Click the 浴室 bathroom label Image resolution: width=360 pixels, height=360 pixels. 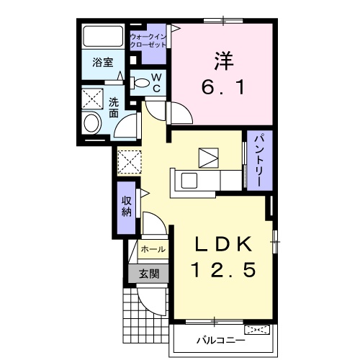click(x=103, y=63)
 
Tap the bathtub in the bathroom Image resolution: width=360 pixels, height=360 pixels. click(x=103, y=36)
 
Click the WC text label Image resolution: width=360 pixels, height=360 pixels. click(x=156, y=83)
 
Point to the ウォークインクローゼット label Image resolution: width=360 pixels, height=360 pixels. click(x=148, y=41)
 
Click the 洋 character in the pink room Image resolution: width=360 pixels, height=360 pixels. click(x=224, y=61)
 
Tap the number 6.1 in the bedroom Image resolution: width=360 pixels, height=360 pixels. click(x=223, y=87)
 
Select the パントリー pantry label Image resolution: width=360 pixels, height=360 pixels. click(x=260, y=161)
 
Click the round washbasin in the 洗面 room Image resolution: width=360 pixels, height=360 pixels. click(x=91, y=123)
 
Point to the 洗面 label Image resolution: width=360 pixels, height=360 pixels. click(x=114, y=108)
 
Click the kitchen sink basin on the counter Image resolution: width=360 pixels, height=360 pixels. click(x=189, y=181)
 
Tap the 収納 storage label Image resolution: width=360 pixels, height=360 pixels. click(x=126, y=207)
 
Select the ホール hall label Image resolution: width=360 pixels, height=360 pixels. click(x=153, y=249)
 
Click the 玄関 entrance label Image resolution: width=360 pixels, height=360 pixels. click(x=149, y=274)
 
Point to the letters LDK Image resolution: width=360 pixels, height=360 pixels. click(x=223, y=244)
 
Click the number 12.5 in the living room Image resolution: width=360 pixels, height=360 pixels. click(x=223, y=270)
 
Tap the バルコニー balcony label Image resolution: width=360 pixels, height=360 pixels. click(x=221, y=340)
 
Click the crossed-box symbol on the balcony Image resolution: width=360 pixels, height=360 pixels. click(x=257, y=329)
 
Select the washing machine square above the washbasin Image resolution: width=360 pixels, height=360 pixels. click(x=92, y=99)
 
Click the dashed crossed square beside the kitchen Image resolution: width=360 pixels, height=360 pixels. click(x=130, y=162)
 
